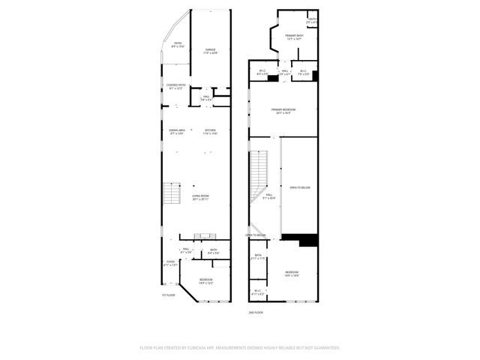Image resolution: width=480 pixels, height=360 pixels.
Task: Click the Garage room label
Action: (x=211, y=51)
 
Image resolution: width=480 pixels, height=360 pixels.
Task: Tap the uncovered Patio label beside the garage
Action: (x=178, y=45)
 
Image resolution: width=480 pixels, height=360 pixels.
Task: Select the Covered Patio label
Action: (x=176, y=87)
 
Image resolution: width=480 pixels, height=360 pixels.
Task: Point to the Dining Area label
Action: (x=177, y=132)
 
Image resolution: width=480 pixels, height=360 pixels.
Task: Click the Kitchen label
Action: (x=211, y=132)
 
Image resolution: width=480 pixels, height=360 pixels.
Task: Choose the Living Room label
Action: (x=200, y=197)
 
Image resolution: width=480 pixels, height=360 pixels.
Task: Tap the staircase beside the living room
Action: (x=173, y=195)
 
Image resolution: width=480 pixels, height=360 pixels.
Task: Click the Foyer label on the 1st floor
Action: (x=170, y=262)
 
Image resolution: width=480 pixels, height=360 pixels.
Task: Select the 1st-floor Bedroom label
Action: (x=205, y=281)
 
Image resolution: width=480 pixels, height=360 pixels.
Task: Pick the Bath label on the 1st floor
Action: (x=214, y=252)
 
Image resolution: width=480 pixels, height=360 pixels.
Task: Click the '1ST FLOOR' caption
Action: (x=169, y=295)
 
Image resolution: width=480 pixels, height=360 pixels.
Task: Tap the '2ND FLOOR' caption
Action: (x=256, y=311)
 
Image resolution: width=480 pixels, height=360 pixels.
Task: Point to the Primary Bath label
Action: (x=294, y=37)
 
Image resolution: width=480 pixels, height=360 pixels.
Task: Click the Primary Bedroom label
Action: (x=283, y=111)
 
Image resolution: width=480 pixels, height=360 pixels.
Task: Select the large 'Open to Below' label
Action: (x=299, y=187)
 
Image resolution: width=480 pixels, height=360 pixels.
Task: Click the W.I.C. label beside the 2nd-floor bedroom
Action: (x=257, y=292)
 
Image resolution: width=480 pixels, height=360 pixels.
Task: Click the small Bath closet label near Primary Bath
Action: (x=313, y=21)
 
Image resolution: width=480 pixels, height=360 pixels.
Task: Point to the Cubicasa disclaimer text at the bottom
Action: (x=240, y=348)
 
